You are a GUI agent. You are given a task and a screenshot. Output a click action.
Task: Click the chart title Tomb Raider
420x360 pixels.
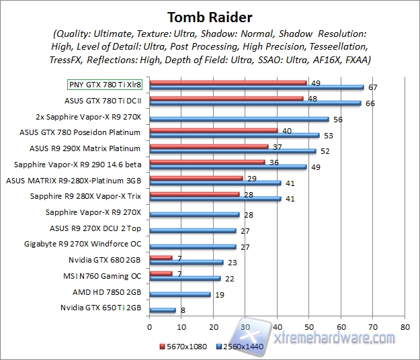point(210,15)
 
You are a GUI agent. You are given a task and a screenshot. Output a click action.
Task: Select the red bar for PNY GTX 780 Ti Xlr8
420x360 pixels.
point(228,83)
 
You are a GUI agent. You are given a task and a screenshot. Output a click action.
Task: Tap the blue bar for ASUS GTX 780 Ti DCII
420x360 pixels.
point(255,103)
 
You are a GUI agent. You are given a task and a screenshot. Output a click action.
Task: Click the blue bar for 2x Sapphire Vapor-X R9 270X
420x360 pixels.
point(239,119)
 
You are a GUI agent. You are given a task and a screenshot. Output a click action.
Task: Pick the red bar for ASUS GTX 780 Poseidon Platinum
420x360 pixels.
point(214,131)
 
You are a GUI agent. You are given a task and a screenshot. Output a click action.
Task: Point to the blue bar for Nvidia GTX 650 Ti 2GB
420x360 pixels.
point(163,310)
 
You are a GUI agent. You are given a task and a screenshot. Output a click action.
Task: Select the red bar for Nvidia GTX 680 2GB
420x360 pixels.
point(161,257)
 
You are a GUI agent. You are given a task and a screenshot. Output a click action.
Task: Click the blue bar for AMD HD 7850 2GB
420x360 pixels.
point(180,294)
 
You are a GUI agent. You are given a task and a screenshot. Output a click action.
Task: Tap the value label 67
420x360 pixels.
point(372,87)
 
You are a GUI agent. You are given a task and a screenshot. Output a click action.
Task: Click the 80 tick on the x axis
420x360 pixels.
point(404,327)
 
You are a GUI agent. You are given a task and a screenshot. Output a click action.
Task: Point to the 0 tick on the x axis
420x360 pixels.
point(150,327)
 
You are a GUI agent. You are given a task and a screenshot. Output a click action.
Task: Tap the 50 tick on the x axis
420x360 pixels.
point(308,327)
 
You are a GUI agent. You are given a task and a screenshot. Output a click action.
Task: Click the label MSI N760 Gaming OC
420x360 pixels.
point(102,276)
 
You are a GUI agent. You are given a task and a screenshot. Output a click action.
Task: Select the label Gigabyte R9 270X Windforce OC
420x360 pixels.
point(83,244)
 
